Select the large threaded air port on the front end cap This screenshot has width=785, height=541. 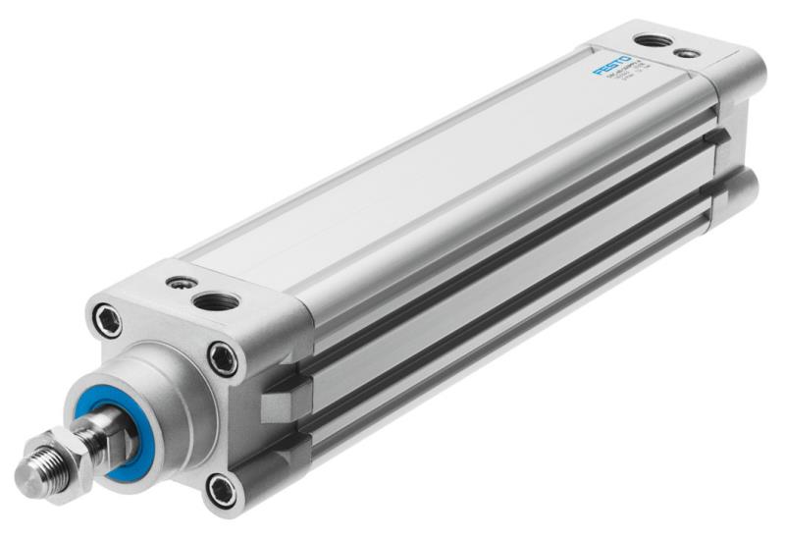(215, 300)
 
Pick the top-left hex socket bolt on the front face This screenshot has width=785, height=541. (107, 320)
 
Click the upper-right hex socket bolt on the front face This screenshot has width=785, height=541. (224, 358)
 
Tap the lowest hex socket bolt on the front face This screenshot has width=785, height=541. (223, 487)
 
